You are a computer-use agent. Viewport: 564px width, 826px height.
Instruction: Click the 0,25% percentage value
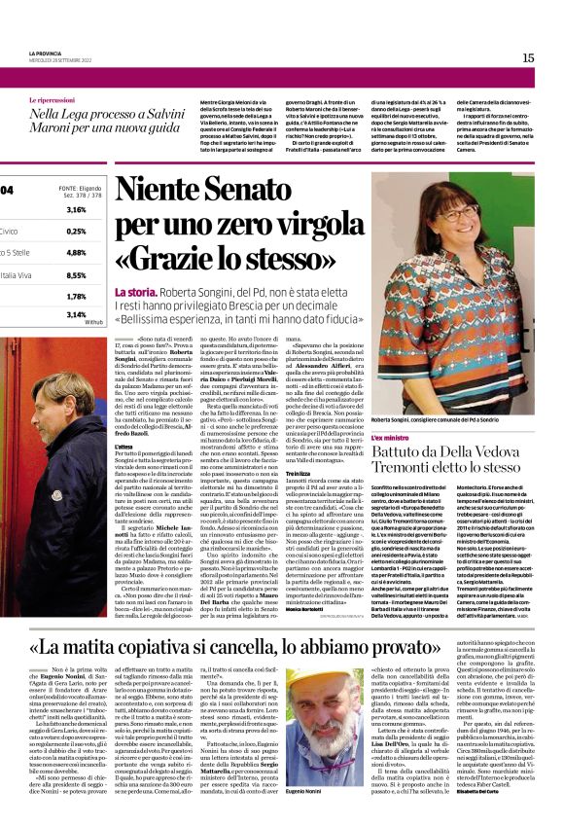coord(76,232)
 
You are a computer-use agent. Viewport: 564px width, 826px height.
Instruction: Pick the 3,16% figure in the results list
coord(76,210)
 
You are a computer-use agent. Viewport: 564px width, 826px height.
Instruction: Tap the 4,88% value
coord(76,253)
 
